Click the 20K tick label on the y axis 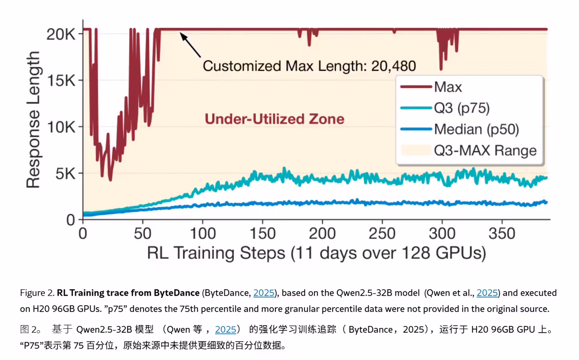tap(60, 34)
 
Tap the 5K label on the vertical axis tap(65, 174)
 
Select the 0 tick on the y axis tap(71, 220)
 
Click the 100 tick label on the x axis tap(203, 233)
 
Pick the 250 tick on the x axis tap(382, 233)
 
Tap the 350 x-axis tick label tap(502, 233)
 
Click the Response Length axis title tap(33, 120)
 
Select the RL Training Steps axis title tap(316, 253)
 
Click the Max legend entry tap(448, 87)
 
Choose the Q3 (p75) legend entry tap(461, 108)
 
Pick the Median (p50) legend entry tap(476, 129)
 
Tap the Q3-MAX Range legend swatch tap(416, 150)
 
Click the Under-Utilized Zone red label tap(274, 119)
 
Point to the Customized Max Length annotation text tap(309, 66)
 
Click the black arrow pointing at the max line tap(190, 45)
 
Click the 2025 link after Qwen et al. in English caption tap(487, 293)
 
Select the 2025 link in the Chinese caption tap(225, 329)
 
